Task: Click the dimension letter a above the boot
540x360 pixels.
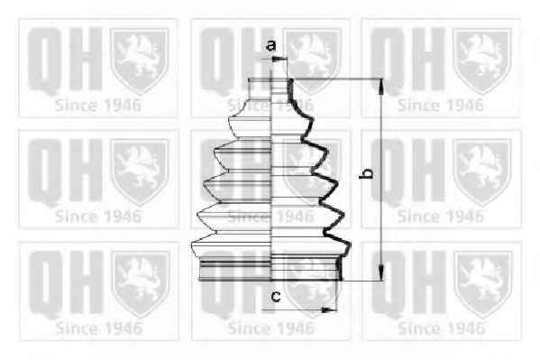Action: tap(271, 45)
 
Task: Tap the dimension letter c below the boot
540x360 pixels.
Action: tap(276, 296)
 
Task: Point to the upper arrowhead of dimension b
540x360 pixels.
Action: tap(381, 87)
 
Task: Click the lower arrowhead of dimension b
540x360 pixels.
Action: tap(381, 272)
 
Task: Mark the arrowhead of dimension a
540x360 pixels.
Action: tap(279, 60)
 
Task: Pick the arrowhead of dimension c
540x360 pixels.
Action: tap(328, 310)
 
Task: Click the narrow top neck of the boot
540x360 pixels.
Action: tap(270, 88)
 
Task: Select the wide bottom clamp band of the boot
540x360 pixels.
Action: tap(270, 270)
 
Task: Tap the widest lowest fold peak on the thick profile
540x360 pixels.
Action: tap(349, 245)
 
